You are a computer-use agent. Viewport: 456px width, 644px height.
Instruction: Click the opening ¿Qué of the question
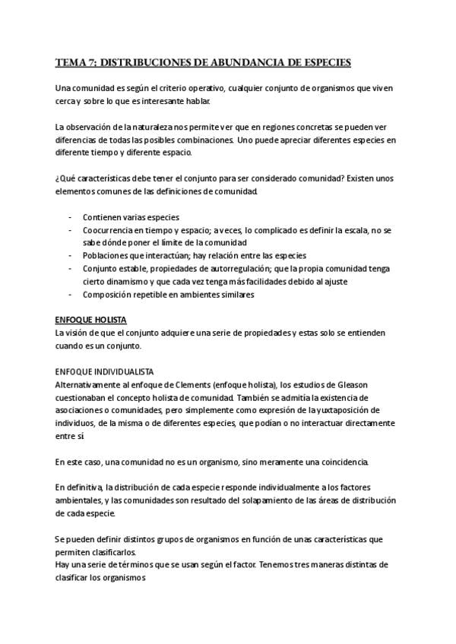pos(65,179)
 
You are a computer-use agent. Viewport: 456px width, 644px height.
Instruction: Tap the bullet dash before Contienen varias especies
pos(71,216)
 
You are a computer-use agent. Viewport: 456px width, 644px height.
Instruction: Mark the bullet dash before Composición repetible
pos(71,294)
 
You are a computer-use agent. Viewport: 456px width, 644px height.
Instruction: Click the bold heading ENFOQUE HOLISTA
pos(91,320)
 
